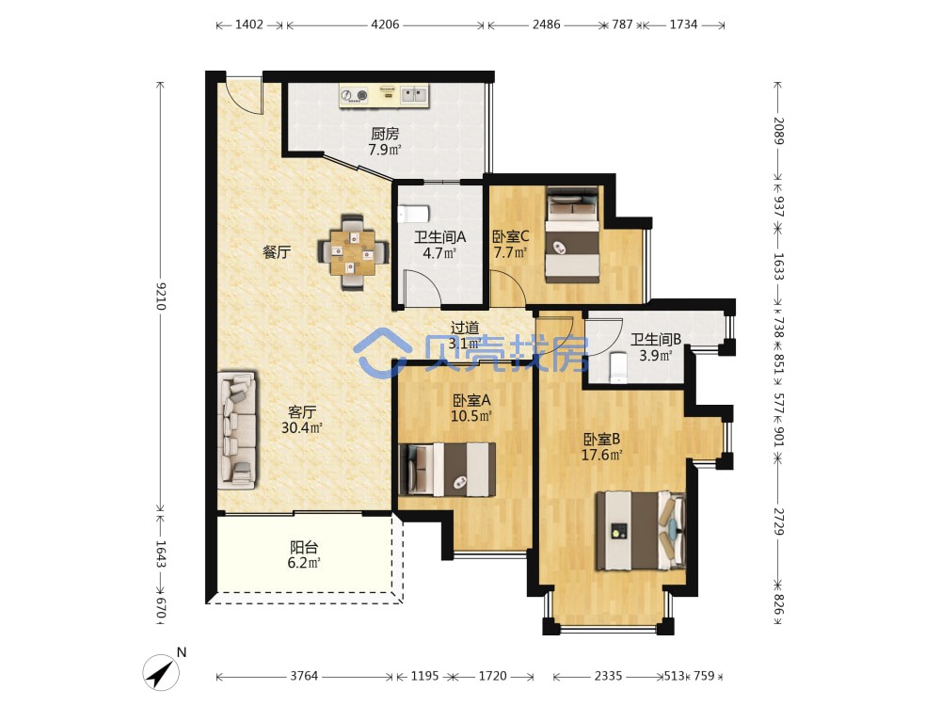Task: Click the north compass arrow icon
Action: pos(161,672)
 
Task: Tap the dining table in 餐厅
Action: pos(353,252)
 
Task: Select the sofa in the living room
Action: pos(237,428)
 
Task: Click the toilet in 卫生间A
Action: pos(413,214)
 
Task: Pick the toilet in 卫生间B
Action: pos(617,367)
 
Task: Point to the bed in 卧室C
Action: pos(572,234)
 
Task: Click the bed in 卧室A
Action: pos(447,470)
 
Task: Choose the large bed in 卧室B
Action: pos(640,530)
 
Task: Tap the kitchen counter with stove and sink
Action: pos(384,95)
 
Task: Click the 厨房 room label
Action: pos(385,134)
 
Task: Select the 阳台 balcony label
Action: pos(304,547)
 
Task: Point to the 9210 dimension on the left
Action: pos(160,296)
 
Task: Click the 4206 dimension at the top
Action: pos(385,24)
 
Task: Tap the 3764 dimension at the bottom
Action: pos(304,676)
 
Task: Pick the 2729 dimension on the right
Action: pos(778,521)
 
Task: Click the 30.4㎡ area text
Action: pos(302,428)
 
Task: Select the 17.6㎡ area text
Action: pos(601,455)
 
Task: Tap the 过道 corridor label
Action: pos(465,328)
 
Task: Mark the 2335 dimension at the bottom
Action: pos(608,676)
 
